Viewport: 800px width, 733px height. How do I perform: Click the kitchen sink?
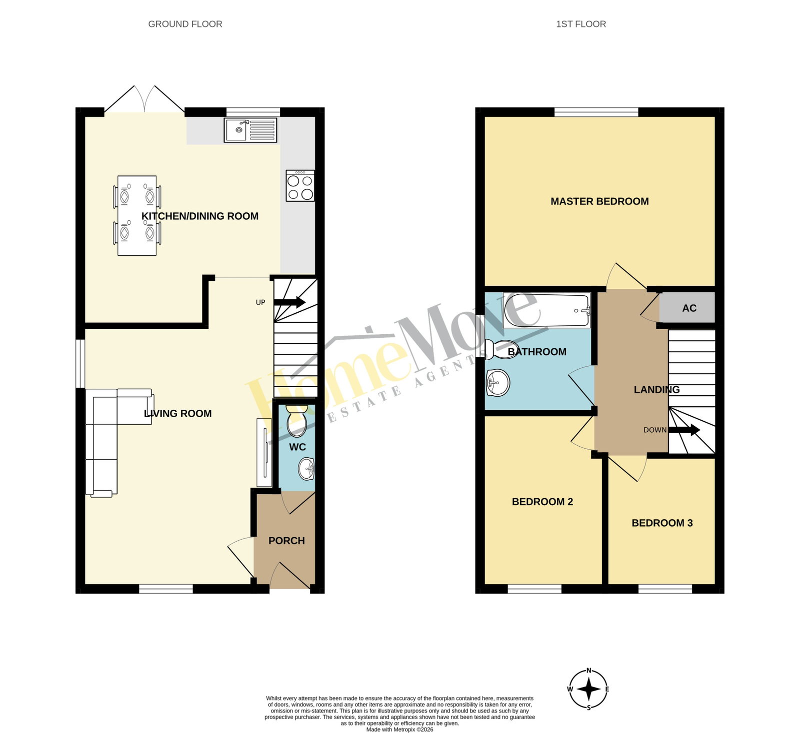pos(250,130)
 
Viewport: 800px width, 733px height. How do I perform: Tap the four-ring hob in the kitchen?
pos(300,186)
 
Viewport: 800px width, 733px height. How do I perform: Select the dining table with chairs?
pos(137,215)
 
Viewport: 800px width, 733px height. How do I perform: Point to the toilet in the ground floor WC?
pos(297,421)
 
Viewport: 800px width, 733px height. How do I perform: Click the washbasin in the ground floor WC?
pos(306,469)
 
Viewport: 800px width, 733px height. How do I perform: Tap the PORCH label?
pos(286,541)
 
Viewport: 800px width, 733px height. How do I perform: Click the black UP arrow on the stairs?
pos(289,302)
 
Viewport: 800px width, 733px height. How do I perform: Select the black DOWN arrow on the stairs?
pos(684,430)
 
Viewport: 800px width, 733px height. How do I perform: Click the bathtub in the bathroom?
pos(547,311)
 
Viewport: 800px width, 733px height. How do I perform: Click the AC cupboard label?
pos(689,308)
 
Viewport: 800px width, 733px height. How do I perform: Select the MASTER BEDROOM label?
pos(599,201)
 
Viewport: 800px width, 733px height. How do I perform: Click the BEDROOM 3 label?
pos(662,523)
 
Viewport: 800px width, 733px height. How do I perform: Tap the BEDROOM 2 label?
pos(542,502)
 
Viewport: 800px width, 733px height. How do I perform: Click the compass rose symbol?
pos(589,690)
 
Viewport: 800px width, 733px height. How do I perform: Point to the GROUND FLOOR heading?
pos(185,24)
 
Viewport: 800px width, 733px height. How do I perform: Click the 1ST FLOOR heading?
pos(581,24)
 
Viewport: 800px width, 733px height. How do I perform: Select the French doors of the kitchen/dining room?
pos(144,99)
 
